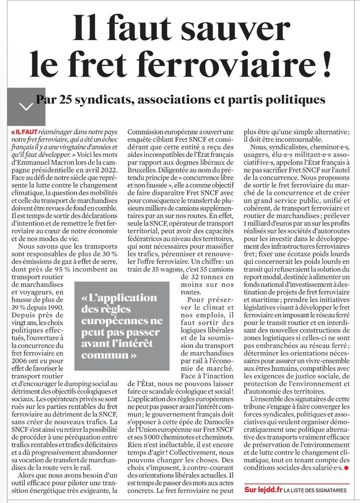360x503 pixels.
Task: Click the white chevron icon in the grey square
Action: (26, 106)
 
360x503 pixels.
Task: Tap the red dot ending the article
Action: (346, 468)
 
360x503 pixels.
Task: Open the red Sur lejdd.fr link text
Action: (263, 490)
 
